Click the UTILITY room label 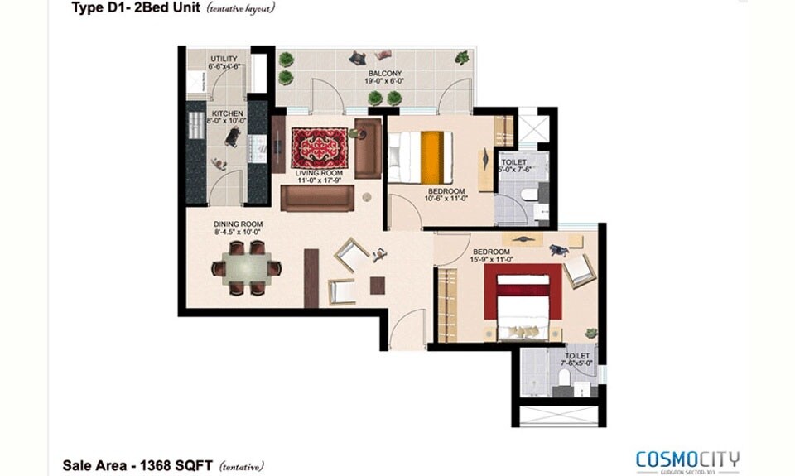coord(224,59)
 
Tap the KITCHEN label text coord(226,113)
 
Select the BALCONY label coord(386,74)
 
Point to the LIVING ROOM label coord(319,173)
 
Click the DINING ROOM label coord(238,224)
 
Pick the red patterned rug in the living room coord(319,146)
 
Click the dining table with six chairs coord(246,267)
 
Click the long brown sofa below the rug coord(316,198)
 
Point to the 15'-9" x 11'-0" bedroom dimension coord(493,260)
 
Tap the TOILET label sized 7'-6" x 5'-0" coord(577,355)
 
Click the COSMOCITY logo coord(687,459)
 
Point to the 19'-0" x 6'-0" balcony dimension coord(386,82)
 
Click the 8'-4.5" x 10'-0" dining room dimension coord(238,233)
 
